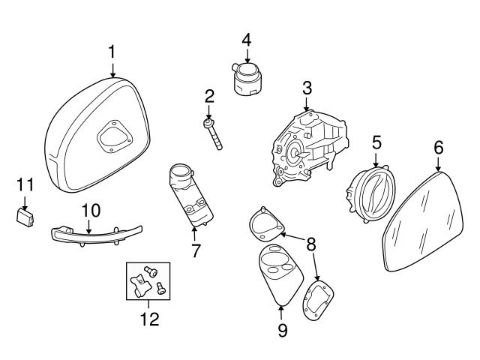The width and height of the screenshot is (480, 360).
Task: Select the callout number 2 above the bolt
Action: [209, 95]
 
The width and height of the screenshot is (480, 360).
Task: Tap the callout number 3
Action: [307, 88]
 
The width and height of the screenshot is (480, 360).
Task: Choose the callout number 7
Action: [196, 250]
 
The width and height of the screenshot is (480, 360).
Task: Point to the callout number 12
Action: [149, 319]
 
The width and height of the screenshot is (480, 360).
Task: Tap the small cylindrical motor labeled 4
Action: [246, 78]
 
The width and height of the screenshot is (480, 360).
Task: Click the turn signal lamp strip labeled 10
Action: [86, 235]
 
